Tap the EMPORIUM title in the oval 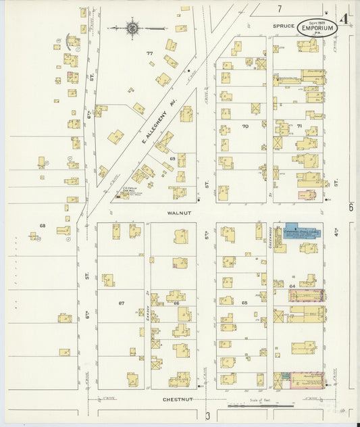coord(316,28)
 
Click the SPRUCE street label coord(284,26)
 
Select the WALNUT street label coord(176,211)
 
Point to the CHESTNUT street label coord(178,399)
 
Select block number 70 coord(245,126)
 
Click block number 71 coord(299,126)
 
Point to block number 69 coord(172,158)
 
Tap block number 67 coord(122,303)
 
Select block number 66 coord(177,303)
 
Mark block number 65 coord(245,303)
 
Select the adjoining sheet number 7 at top coord(278,8)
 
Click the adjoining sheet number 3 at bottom coord(209,414)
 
